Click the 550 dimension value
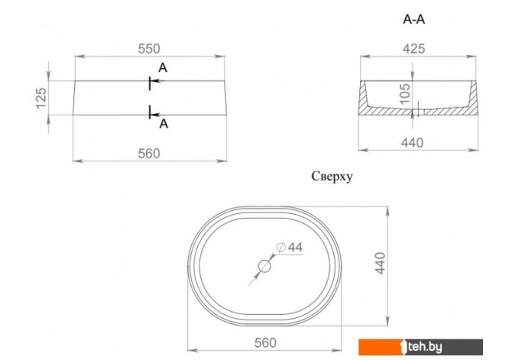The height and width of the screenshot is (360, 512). (149, 49)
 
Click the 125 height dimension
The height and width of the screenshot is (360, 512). (41, 98)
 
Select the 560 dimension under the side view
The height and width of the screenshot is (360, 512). (149, 153)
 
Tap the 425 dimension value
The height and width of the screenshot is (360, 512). (413, 49)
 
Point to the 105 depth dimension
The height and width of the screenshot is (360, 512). (405, 94)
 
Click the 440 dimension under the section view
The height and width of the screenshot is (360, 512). (412, 143)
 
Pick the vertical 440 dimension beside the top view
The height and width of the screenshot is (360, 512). (381, 263)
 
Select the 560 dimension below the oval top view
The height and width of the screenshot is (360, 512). (265, 342)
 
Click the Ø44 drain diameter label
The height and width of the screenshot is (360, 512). (290, 248)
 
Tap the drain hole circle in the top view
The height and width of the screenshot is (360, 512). (264, 266)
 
